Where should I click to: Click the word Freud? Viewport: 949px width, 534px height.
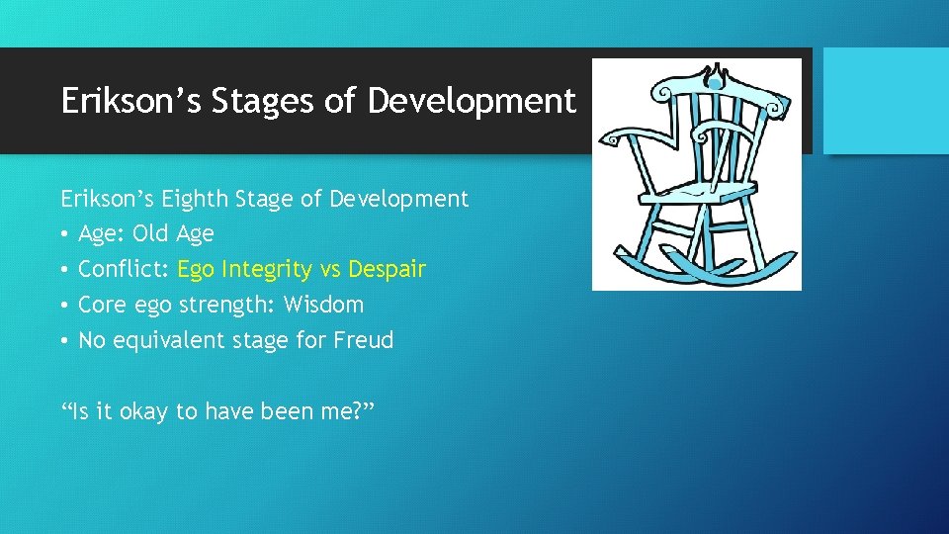[363, 340]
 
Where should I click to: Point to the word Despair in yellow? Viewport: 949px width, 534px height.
[387, 269]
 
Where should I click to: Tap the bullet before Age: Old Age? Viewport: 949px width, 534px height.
[65, 234]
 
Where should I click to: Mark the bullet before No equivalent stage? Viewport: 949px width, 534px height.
[65, 341]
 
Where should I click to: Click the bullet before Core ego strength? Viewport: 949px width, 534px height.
[65, 306]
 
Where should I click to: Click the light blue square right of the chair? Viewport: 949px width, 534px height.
[886, 100]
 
